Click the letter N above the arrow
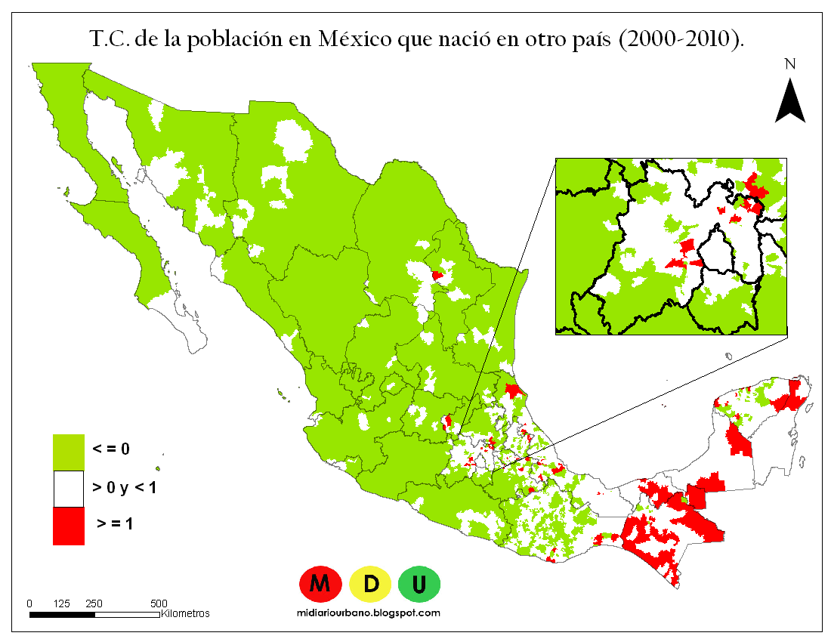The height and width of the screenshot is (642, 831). pyautogui.click(x=790, y=64)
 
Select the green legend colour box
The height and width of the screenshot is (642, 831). pyautogui.click(x=68, y=451)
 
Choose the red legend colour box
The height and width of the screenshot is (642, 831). pyautogui.click(x=68, y=526)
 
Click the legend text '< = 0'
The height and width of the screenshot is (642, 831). pyautogui.click(x=111, y=449)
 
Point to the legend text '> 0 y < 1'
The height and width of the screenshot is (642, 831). pyautogui.click(x=124, y=488)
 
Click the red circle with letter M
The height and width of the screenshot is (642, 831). pyautogui.click(x=320, y=583)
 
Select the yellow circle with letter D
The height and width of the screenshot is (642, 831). pyautogui.click(x=370, y=583)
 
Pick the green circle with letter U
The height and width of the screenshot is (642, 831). pyautogui.click(x=419, y=583)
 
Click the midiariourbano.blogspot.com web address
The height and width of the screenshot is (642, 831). pyautogui.click(x=370, y=613)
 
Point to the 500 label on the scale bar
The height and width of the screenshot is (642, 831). pyautogui.click(x=159, y=603)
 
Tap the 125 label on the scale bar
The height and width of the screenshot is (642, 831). pyautogui.click(x=63, y=603)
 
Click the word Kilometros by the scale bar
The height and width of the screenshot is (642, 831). pyautogui.click(x=186, y=613)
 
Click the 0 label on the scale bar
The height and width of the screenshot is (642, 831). pyautogui.click(x=29, y=603)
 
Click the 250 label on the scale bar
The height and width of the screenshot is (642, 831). pyautogui.click(x=94, y=603)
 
